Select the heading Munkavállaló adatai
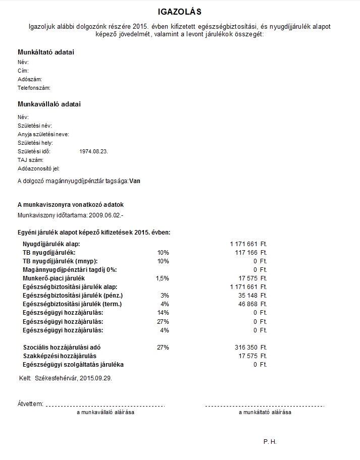49,104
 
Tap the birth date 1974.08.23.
94,151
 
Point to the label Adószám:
30,79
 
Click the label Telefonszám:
34,88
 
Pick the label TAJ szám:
31,160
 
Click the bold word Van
135,181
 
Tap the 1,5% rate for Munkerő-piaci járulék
163,278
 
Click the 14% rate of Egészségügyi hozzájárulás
163,313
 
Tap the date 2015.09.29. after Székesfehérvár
96,377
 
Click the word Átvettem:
30,404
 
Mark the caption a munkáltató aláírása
265,412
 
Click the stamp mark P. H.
270,442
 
